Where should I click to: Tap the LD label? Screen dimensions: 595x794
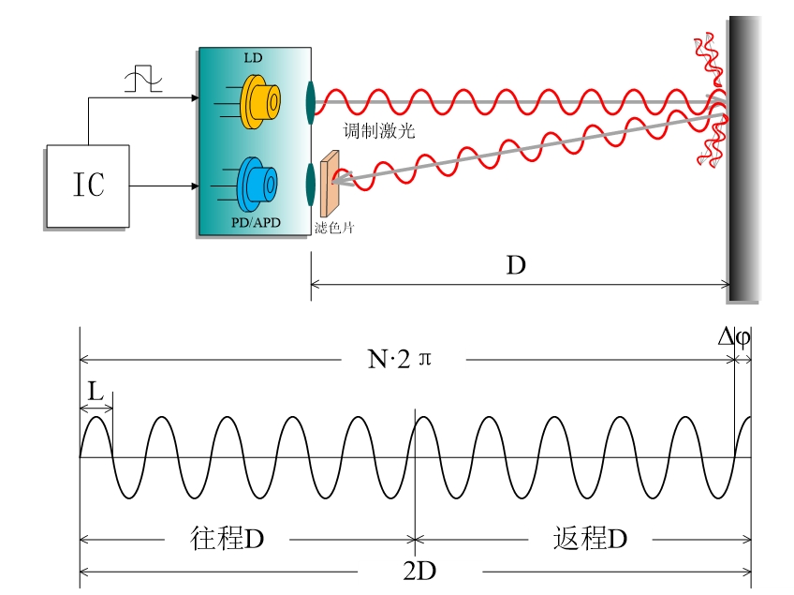pos(253,58)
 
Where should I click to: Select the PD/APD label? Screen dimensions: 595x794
pos(253,222)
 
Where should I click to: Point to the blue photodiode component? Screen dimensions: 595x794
pos(257,182)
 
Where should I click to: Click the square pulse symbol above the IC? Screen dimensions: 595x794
pos(143,79)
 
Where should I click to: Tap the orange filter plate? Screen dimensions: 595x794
pos(329,184)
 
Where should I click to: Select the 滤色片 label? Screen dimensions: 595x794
pos(333,228)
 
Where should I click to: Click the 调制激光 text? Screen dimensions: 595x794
pos(379,131)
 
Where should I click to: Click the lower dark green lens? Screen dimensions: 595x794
pos(310,183)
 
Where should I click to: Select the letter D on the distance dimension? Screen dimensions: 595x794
pos(516,266)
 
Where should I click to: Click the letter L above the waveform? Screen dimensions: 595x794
pos(96,391)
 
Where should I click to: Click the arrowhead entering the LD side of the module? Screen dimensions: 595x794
pos(194,97)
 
